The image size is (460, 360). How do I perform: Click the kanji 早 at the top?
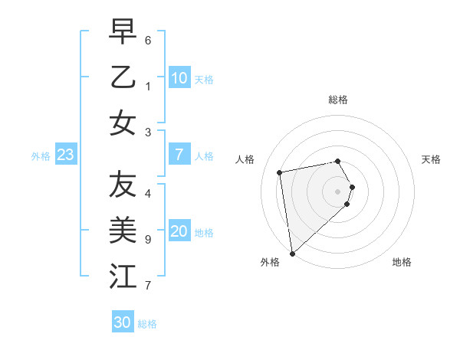[x=123, y=32]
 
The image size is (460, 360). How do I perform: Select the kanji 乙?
[x=123, y=77]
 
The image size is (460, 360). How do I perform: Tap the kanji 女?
[x=123, y=123]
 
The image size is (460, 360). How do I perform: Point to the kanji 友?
[x=123, y=184]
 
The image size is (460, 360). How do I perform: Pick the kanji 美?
[x=123, y=229]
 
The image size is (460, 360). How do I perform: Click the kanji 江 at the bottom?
[x=123, y=275]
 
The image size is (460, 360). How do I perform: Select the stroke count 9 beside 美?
[x=148, y=240]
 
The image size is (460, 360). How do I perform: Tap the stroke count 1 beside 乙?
[x=148, y=87]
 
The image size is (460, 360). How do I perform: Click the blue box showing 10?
[x=179, y=77]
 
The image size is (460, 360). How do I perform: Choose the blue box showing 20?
[x=179, y=232]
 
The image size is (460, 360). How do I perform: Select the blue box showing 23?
[x=65, y=155]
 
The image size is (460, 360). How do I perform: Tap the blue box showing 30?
[x=123, y=322]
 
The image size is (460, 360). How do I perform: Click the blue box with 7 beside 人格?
[x=179, y=155]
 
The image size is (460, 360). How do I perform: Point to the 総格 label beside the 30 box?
[x=148, y=324]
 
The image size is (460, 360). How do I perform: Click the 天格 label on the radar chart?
[x=431, y=159]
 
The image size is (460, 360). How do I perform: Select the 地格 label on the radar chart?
[x=402, y=262]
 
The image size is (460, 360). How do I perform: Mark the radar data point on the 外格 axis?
[x=291, y=253]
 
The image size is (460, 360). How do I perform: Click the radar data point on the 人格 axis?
[x=280, y=172]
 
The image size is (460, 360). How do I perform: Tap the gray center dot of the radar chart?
[x=338, y=191]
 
